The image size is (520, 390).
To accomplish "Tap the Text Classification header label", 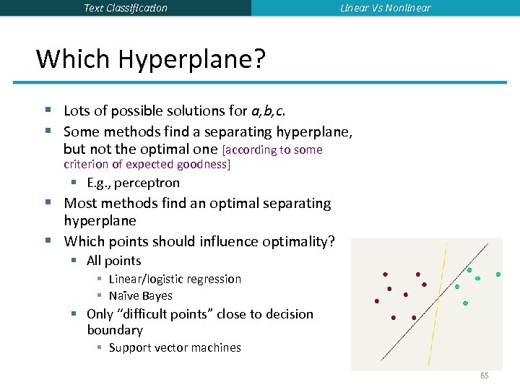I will [126, 8].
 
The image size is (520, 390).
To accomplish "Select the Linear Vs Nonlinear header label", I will [386, 8].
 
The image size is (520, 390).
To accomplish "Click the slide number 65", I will [484, 376].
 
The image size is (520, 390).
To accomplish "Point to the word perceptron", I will [147, 183].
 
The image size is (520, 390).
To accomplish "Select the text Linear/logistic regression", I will [175, 279].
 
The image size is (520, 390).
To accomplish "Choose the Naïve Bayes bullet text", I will [140, 295].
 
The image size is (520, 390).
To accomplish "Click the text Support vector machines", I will [175, 347].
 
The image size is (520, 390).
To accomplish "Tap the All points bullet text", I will [113, 261].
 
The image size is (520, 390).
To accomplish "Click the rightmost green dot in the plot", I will [498, 275].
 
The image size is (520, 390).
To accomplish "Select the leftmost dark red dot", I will [376, 301].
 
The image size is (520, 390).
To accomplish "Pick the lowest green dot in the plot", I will [465, 303].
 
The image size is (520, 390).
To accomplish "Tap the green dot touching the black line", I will [469, 270].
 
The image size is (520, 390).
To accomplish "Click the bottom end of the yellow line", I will [429, 365].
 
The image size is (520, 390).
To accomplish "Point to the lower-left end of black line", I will [382, 359].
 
